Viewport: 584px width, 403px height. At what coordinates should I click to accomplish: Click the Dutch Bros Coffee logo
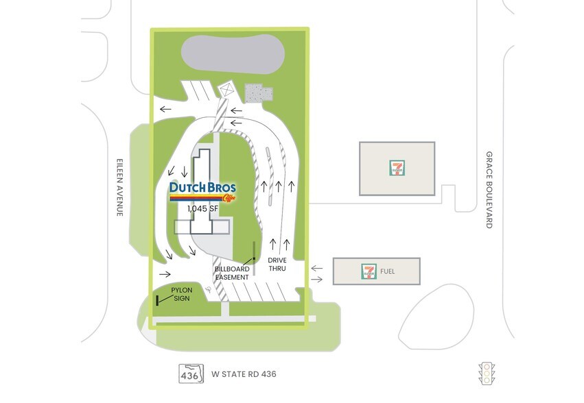pos(202,192)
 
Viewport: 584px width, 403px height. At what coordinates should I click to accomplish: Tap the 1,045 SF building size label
pos(202,209)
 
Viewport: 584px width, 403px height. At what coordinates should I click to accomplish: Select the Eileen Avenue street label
pos(119,187)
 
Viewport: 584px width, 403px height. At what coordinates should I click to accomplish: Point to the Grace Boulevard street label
pos(489,189)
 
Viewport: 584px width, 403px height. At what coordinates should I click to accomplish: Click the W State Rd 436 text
pos(244,374)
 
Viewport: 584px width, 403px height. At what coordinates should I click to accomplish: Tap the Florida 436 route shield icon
pos(191,374)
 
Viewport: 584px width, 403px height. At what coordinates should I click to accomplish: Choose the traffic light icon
pos(487,374)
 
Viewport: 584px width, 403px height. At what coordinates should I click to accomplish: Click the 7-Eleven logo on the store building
pos(397,168)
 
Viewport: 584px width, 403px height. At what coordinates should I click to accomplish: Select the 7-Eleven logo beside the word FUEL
pos(369,271)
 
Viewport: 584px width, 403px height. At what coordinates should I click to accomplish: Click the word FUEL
pos(387,271)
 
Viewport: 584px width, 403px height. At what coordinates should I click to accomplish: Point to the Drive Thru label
pos(277,264)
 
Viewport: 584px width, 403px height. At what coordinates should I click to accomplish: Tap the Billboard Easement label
pos(232,273)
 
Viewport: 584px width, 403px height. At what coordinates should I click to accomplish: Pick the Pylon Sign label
pos(182,294)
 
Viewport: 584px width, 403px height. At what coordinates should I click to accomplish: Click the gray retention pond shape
pos(233,54)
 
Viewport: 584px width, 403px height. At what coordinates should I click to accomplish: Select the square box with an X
pos(226,90)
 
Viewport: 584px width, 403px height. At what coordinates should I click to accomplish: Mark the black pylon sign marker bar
pos(158,300)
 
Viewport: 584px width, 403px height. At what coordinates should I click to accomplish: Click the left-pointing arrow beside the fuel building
pos(316,268)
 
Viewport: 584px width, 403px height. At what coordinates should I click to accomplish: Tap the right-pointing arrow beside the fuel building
pos(316,279)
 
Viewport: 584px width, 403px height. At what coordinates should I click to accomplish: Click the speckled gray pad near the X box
pos(259,93)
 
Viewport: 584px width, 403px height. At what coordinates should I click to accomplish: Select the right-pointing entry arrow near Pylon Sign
pos(165,274)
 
